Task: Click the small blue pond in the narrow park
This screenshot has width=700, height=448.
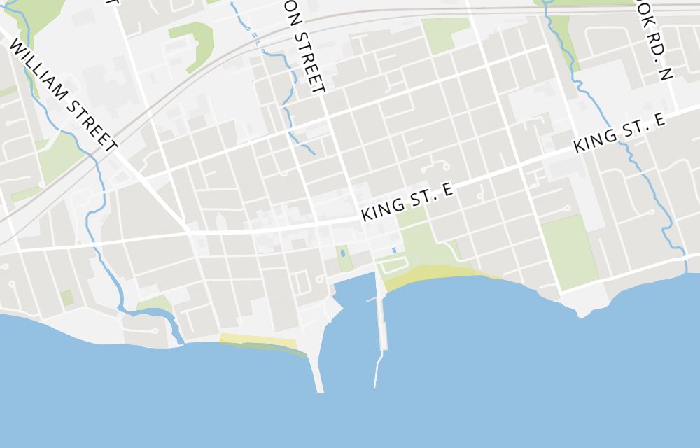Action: point(342,254)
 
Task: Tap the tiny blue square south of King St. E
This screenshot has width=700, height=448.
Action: point(394,250)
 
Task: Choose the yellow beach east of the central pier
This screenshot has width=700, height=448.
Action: point(434,274)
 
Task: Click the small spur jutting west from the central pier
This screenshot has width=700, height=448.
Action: point(371,300)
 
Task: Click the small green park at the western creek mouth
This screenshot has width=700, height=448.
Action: point(155,304)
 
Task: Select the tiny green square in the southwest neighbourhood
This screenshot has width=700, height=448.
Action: point(67,297)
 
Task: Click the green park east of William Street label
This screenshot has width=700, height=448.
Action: point(59,157)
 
